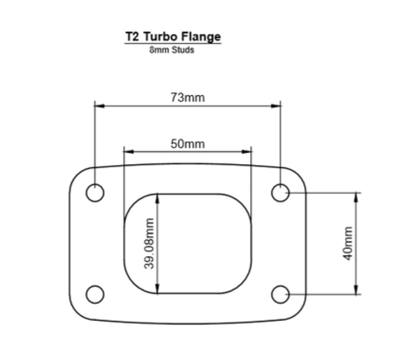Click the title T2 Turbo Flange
173,37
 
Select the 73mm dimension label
188,98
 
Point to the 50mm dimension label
188,144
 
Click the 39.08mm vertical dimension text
151,244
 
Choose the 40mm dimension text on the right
348,244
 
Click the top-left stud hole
95,193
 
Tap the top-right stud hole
280,193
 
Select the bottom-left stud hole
95,294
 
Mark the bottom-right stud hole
280,294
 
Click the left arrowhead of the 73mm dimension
99,106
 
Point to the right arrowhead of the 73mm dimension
277,106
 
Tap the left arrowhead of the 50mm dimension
128,151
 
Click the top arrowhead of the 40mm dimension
356,197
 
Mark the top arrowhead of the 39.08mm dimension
157,198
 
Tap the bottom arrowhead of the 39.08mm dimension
157,290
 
